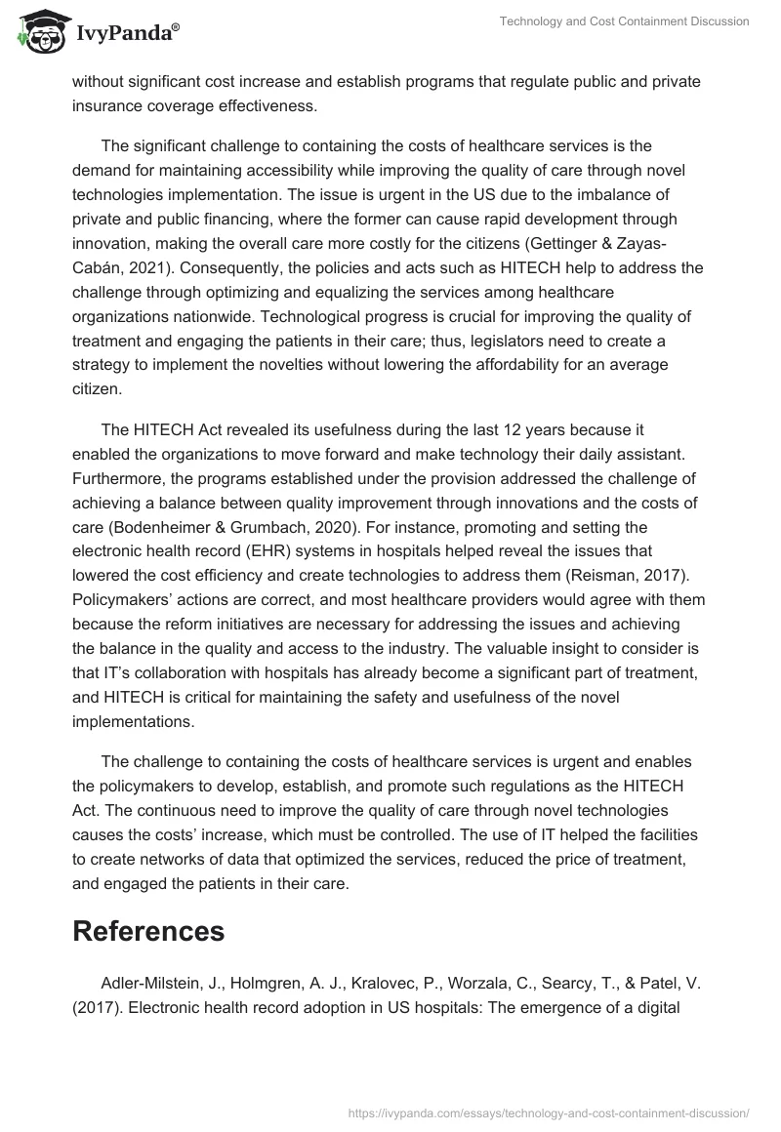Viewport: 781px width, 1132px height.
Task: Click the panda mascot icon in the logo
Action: tap(39, 34)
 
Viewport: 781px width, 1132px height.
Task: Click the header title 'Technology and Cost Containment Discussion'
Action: tap(626, 21)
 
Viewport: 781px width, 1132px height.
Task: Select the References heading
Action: tap(148, 931)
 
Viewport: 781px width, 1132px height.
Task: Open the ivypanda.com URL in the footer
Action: tap(549, 1112)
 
